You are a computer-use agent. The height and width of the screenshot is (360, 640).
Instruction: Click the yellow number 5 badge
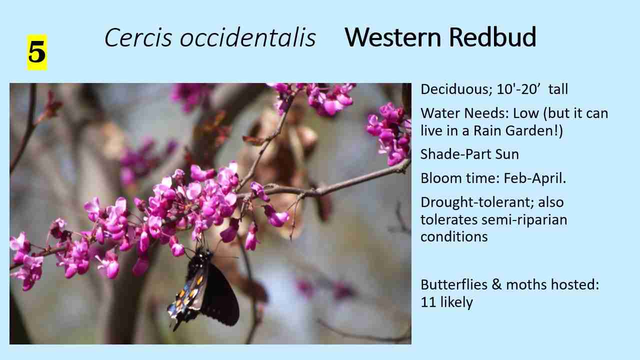pyautogui.click(x=36, y=52)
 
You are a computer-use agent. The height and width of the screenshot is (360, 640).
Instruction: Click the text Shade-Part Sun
pyautogui.click(x=469, y=154)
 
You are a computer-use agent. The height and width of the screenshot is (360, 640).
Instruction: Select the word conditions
pyautogui.click(x=454, y=236)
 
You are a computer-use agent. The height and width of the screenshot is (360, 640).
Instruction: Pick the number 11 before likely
pyautogui.click(x=428, y=302)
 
